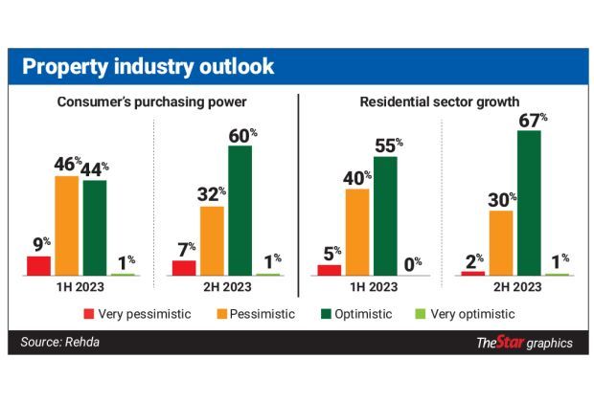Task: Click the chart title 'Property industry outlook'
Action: [x=148, y=67]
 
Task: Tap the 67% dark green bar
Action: [x=528, y=203]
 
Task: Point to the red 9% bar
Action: [x=38, y=266]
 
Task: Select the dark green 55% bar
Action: [x=385, y=215]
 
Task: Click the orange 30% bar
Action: [x=500, y=243]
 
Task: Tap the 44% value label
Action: [x=95, y=167]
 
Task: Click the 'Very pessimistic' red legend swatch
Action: [x=88, y=314]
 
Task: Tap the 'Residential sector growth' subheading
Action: [x=440, y=101]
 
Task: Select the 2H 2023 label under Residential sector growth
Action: [x=514, y=287]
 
